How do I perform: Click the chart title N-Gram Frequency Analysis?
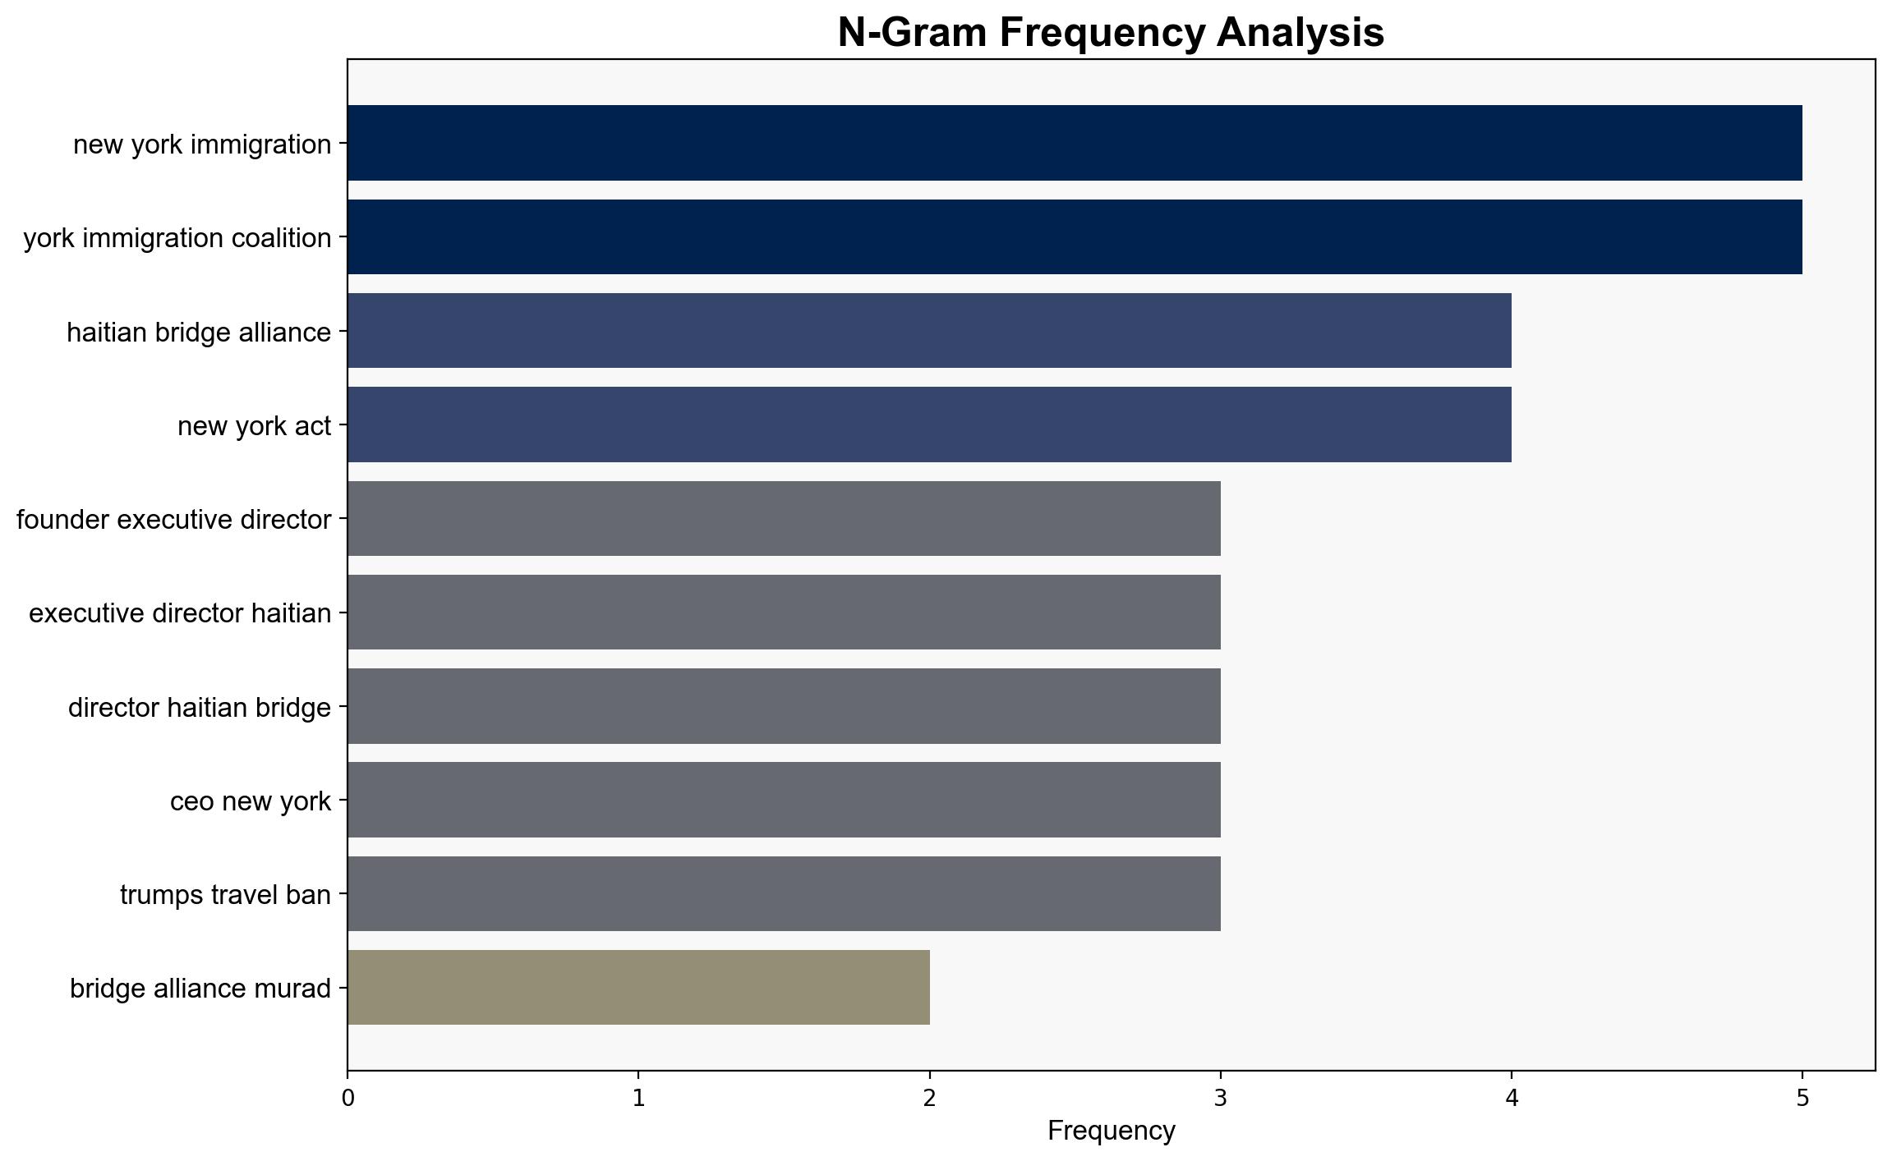[1111, 33]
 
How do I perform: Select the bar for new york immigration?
[1075, 143]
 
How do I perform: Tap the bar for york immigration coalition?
[1075, 236]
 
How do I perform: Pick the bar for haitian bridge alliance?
[929, 331]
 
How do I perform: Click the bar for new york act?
[929, 424]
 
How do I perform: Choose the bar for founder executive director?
[784, 518]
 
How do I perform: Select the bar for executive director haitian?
[784, 613]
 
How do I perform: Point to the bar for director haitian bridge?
[784, 706]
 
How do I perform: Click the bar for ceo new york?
[784, 800]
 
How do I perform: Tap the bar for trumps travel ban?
[784, 893]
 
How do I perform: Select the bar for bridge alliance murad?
[638, 988]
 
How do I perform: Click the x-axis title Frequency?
[1111, 1131]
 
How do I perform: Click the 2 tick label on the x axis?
[929, 1099]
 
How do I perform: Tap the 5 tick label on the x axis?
[1802, 1099]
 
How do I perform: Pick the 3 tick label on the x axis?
[1221, 1099]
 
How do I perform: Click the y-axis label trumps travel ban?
[225, 894]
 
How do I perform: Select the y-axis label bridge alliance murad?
[200, 988]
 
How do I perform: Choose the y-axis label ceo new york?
[251, 801]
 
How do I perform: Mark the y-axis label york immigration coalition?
[177, 237]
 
